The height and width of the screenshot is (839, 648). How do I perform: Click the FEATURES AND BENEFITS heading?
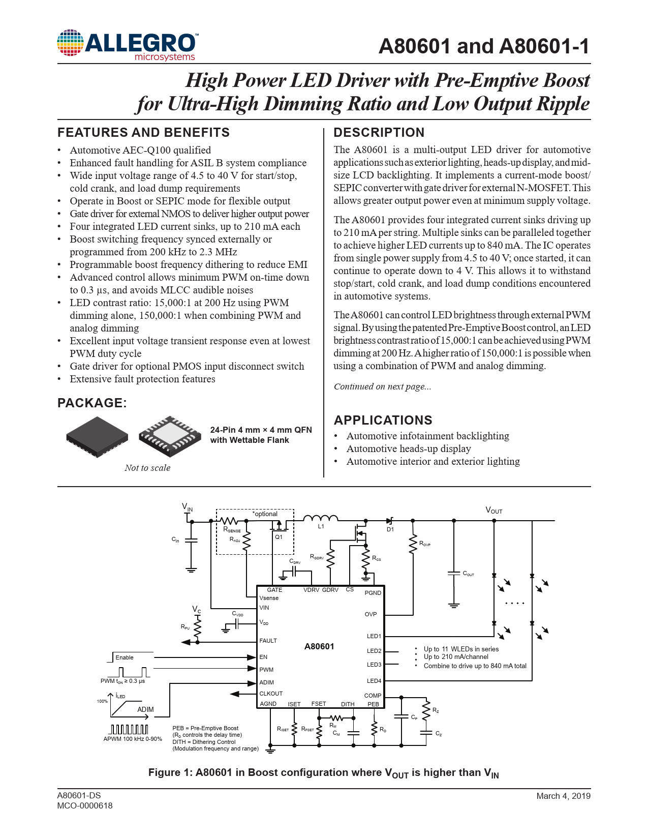[143, 133]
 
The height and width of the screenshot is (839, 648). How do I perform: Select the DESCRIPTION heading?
[379, 133]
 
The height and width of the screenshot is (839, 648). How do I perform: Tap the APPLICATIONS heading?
[383, 421]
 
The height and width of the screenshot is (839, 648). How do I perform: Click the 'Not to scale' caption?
[147, 468]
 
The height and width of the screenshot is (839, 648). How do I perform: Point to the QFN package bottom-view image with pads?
[170, 436]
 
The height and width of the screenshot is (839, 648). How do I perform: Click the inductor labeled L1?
[321, 519]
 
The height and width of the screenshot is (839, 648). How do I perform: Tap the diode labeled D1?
[390, 521]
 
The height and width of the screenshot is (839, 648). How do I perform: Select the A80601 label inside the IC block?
[319, 646]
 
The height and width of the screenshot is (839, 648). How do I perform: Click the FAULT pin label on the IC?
[268, 641]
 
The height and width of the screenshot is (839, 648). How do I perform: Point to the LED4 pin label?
[374, 681]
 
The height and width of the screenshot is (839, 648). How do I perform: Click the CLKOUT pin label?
[271, 694]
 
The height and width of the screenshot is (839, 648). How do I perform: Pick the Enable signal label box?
[125, 657]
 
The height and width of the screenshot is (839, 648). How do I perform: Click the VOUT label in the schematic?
[493, 510]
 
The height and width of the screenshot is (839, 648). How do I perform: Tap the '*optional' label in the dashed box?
[265, 514]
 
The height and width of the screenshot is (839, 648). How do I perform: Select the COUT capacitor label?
[468, 574]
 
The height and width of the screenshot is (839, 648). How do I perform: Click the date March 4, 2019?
[563, 796]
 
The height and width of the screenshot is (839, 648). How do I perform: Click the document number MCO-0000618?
[85, 805]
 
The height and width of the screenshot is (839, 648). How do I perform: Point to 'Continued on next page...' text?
[382, 386]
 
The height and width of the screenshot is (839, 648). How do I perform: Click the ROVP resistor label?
[424, 544]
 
